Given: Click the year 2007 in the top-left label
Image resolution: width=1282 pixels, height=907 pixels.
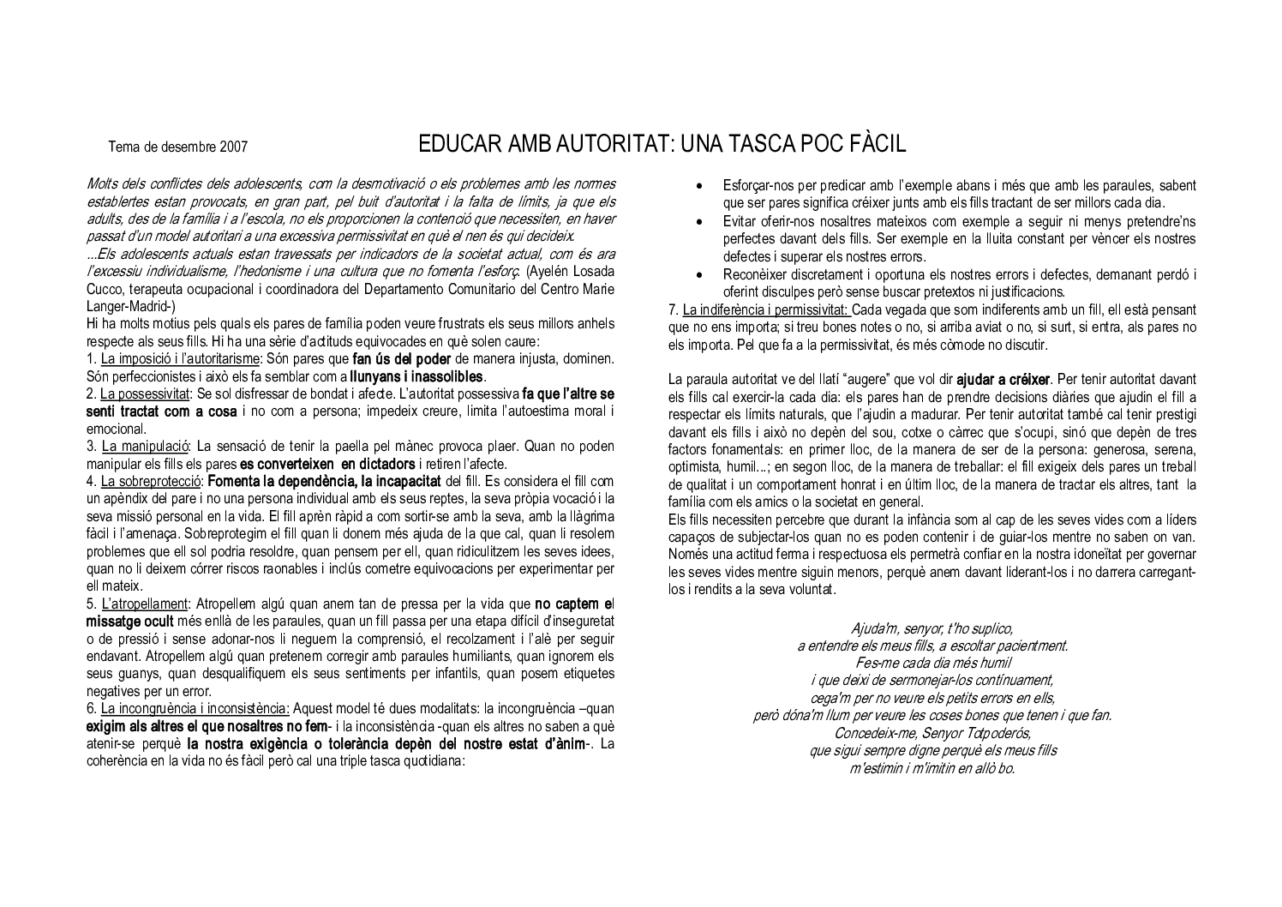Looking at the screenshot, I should (234, 147).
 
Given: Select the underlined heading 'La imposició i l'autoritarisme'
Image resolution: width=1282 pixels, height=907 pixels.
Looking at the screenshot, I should (181, 357).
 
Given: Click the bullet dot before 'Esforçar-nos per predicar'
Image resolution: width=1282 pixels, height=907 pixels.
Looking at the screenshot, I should (701, 186).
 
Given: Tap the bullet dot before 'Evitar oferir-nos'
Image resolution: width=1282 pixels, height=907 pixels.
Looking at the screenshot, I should (701, 221).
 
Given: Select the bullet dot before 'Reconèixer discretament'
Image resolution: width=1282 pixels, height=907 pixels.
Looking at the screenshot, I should (701, 274).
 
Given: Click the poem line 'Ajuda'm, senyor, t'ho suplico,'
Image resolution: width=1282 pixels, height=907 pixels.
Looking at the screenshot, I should (932, 628).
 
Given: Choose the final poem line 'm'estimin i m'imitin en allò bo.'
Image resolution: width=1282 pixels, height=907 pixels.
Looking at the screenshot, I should (932, 768).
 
